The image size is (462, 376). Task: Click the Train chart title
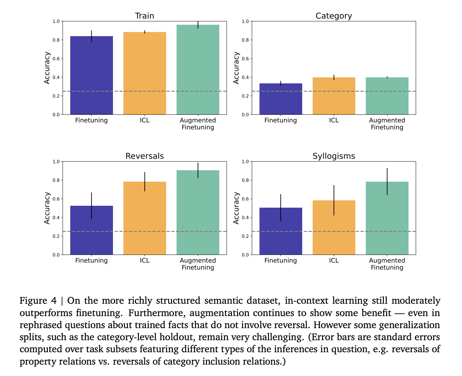coord(145,16)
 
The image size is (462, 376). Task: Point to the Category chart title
coord(334,16)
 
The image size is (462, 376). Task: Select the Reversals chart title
coord(145,156)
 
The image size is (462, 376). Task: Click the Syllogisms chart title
coord(334,156)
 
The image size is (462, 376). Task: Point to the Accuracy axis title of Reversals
coord(47,208)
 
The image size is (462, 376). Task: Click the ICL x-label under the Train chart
coord(145,120)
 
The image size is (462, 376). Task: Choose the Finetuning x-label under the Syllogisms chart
coord(281,261)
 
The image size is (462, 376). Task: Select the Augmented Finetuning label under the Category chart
coord(387,124)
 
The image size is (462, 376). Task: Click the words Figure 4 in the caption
coord(38,301)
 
